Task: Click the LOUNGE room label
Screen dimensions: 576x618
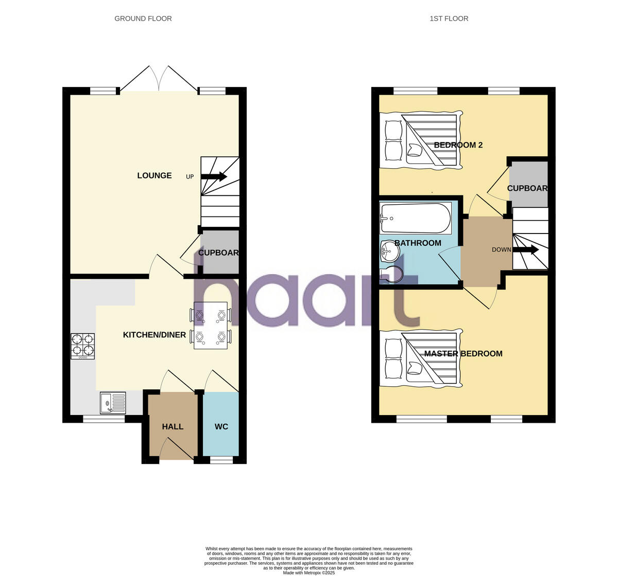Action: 154,176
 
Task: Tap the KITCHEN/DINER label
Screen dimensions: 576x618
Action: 154,335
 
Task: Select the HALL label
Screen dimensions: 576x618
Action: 173,427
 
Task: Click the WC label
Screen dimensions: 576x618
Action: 221,427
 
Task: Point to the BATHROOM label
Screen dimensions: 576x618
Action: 418,243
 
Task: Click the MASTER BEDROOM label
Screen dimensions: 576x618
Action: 463,354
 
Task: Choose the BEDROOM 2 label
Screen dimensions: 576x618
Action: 458,145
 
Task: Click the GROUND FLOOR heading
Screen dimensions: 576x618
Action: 143,19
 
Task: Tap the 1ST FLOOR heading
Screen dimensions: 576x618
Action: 449,19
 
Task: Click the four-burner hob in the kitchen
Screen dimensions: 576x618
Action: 82,346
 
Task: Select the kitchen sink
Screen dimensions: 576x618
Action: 113,403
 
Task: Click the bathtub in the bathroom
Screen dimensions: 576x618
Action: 415,218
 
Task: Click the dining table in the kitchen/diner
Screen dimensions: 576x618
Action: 211,326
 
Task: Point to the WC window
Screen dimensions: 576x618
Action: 221,460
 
